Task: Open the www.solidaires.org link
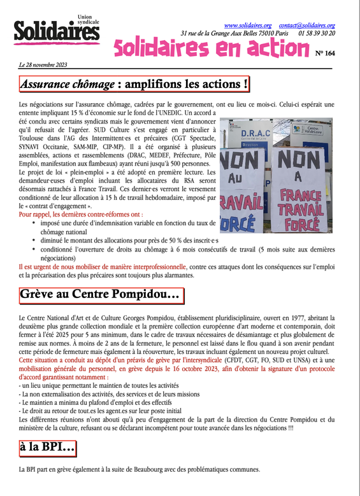pos(248,24)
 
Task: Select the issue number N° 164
pos(325,53)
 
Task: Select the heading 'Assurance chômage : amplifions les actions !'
pos(134,83)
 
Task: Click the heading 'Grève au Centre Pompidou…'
pos(100,295)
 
